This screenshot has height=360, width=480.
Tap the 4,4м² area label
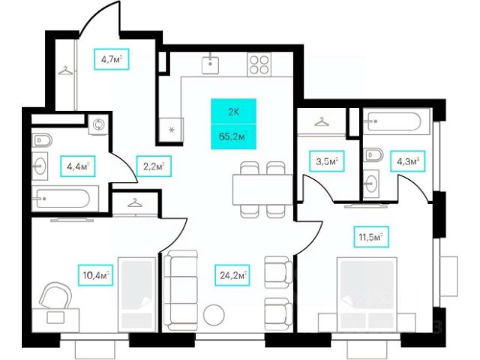pyautogui.click(x=75, y=166)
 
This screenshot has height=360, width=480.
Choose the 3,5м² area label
pyautogui.click(x=326, y=160)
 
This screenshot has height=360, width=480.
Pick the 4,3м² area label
pyautogui.click(x=406, y=160)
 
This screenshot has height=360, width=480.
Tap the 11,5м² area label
pyautogui.click(x=369, y=238)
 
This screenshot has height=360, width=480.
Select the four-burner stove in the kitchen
pyautogui.click(x=259, y=64)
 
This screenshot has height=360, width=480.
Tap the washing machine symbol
pyautogui.click(x=97, y=124)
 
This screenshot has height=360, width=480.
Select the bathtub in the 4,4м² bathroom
pyautogui.click(x=63, y=199)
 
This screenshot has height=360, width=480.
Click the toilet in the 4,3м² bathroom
pyautogui.click(x=373, y=156)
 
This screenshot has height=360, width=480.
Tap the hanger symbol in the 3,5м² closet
pyautogui.click(x=323, y=121)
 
